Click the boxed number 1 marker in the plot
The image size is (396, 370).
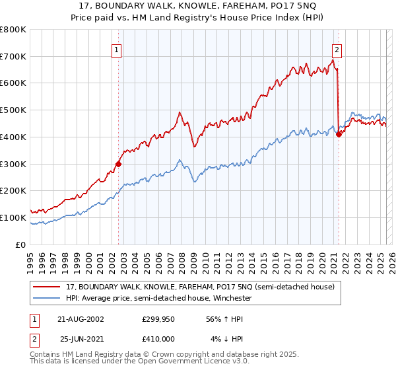pos(116,49)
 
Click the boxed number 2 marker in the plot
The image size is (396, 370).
pos(337,49)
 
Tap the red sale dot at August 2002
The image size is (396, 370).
pos(119,164)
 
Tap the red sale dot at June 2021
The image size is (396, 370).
pos(339,134)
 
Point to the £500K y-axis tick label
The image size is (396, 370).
pos(14,110)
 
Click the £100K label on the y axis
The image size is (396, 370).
pos(14,217)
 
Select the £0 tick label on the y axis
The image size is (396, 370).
pos(22,244)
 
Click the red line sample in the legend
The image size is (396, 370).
pos(47,287)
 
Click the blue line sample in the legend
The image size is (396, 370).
pos(47,298)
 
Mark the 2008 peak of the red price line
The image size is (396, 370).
pos(180,112)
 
